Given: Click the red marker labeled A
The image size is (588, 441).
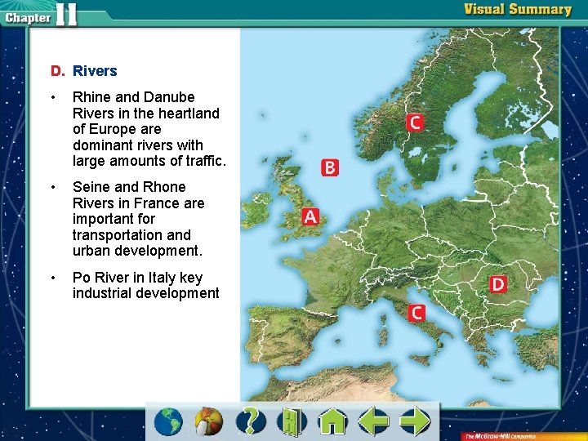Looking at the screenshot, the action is [310, 216].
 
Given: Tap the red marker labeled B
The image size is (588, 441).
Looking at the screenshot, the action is [329, 167].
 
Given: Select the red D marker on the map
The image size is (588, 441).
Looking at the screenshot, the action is [497, 284].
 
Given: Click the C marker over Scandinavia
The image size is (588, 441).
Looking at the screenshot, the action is [415, 122].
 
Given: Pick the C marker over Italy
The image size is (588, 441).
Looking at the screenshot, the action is [416, 312].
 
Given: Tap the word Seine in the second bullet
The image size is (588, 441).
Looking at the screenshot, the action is [92, 187].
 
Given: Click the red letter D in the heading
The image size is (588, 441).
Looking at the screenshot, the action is [56, 71].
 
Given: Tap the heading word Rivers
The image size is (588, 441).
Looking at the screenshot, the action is [95, 71].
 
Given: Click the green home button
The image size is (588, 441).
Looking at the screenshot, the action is [332, 421].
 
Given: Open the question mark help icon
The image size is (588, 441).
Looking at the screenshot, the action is [252, 421].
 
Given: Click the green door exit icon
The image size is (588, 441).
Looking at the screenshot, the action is [292, 421].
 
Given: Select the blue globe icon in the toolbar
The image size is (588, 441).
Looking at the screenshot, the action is [169, 421].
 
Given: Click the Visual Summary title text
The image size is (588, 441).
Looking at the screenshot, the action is [518, 10].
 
